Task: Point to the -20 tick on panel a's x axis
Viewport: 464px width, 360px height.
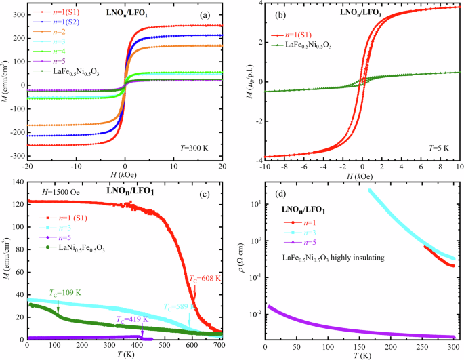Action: (27, 167)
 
